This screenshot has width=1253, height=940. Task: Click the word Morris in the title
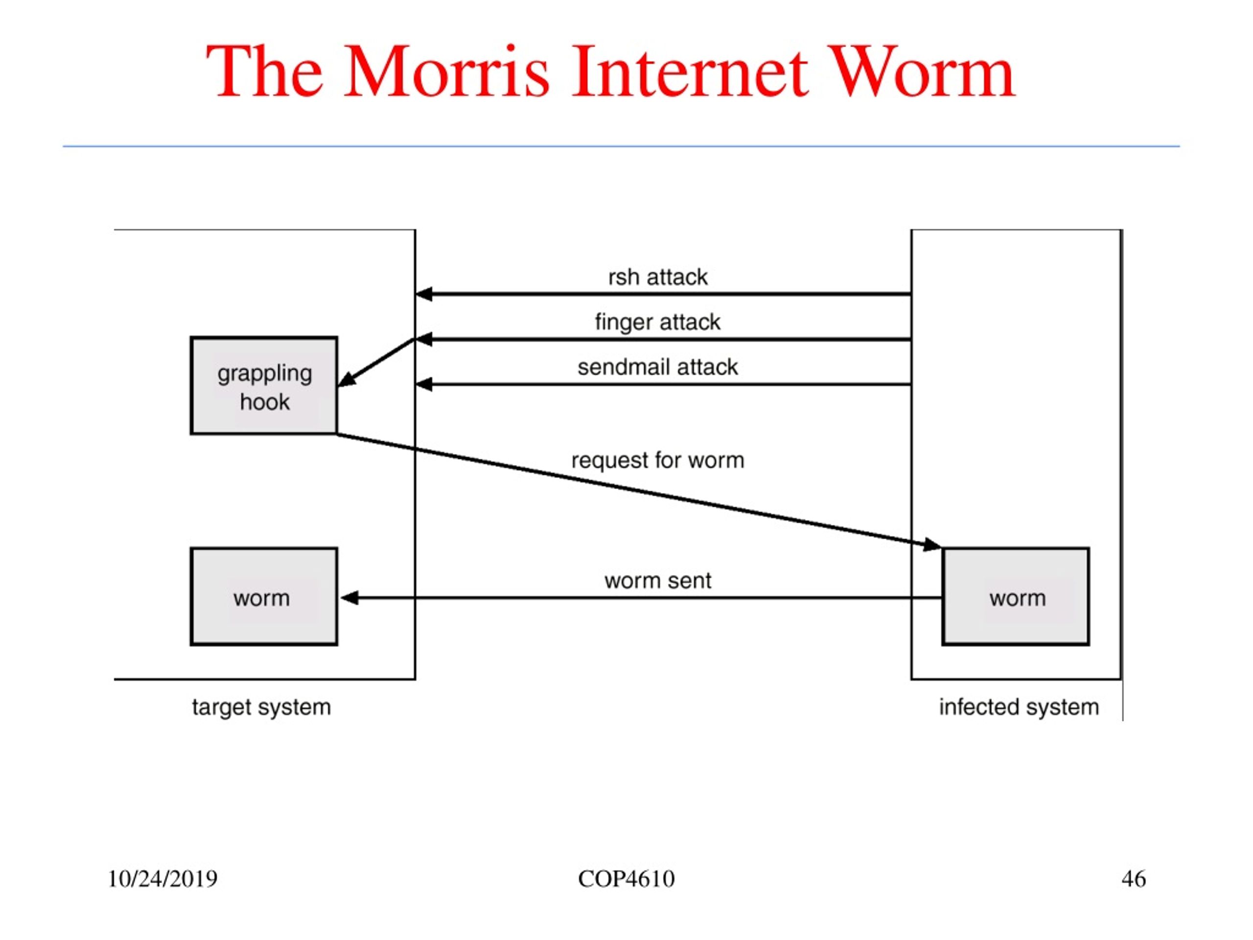coord(446,72)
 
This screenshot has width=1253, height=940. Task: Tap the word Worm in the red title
coord(923,72)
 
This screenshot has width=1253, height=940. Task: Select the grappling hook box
coord(264,386)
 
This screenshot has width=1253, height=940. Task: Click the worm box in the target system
coord(264,597)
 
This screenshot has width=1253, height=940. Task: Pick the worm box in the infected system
coord(1016,597)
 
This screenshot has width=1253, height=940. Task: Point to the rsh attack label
coord(658,277)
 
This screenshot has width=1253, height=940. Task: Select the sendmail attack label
coord(658,367)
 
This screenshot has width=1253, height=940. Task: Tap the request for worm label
coord(658,460)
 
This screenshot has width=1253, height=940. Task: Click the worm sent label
coord(658,581)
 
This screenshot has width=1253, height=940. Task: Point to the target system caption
coord(261,707)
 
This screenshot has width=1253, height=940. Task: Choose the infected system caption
coord(1019,707)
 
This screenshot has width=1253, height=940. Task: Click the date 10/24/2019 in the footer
coord(162,879)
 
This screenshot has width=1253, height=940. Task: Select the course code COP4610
coord(626,879)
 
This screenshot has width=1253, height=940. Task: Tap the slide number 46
coord(1134,879)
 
